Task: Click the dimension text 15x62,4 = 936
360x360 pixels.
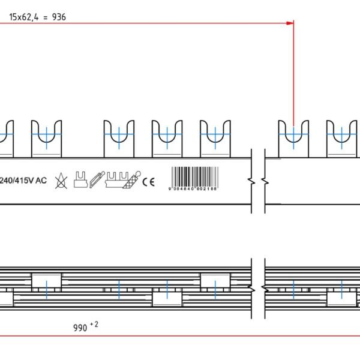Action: (37, 17)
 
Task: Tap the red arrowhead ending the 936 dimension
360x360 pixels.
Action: (290, 23)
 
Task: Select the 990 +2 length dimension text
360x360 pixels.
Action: (85, 327)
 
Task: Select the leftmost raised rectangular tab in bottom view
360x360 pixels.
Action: (47, 281)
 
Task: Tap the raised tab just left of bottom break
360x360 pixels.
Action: (215, 281)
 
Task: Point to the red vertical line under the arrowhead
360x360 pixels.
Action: (293, 78)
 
